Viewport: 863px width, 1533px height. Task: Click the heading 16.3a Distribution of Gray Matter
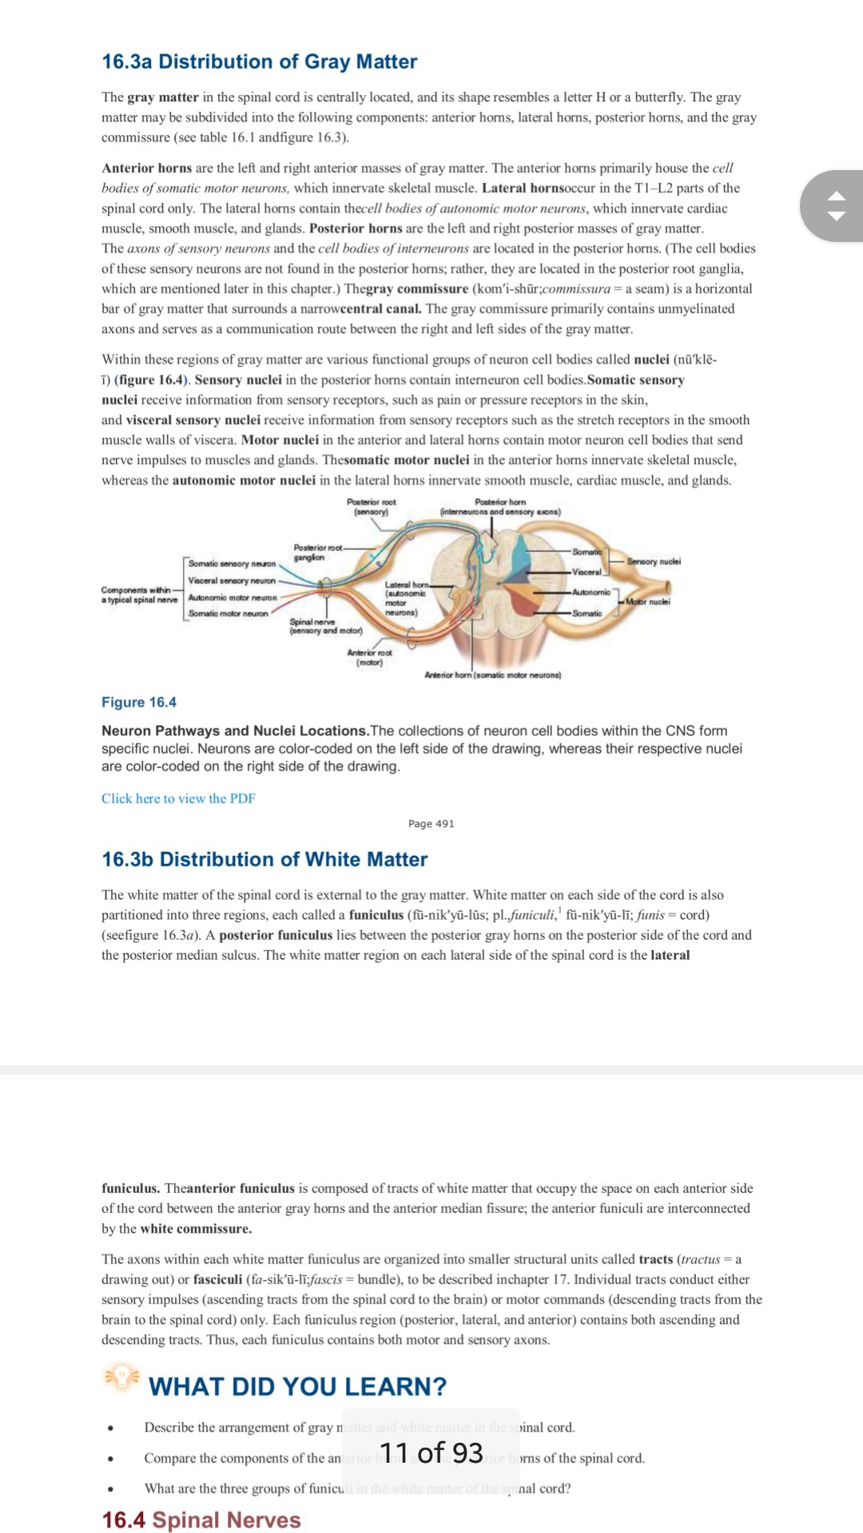tap(259, 61)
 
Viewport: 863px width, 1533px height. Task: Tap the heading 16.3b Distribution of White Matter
tap(264, 859)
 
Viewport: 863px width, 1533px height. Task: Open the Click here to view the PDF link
tap(178, 798)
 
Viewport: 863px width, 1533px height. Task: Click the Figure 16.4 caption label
tap(139, 702)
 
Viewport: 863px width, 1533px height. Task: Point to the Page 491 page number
tap(431, 823)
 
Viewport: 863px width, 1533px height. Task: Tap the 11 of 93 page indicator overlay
tap(431, 1452)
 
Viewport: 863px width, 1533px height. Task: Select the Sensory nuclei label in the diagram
tap(653, 561)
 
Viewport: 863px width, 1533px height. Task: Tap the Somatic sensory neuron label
tap(232, 564)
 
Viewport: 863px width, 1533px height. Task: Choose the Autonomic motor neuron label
tap(233, 597)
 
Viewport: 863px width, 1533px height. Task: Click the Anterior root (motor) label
tap(369, 657)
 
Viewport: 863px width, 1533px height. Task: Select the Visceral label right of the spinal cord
tap(587, 572)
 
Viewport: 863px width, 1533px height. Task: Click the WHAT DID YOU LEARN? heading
tap(297, 1387)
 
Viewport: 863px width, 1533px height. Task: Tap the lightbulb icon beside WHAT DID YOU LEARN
tap(121, 1377)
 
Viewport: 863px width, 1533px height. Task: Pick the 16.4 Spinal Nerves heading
tap(201, 1519)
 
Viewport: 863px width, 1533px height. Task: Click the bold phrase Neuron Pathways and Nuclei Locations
tap(234, 731)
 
